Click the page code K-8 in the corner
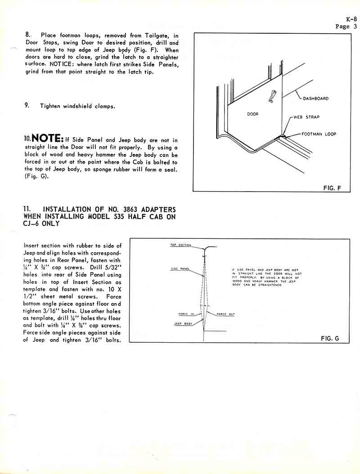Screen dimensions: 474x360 [351, 19]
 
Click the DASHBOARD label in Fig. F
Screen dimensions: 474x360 [315, 98]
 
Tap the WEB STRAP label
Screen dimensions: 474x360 [306, 117]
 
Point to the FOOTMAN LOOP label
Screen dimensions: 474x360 [319, 134]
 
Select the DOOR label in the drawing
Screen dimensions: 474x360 [253, 114]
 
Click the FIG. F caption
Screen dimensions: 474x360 [332, 188]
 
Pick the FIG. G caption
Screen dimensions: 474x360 [330, 338]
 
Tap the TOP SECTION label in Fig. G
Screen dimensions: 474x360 [180, 245]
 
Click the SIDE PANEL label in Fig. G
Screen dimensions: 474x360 [180, 269]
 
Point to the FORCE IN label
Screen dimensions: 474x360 [186, 314]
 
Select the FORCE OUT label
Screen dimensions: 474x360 [225, 314]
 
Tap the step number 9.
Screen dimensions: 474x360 [27, 106]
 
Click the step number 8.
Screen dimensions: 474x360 [27, 35]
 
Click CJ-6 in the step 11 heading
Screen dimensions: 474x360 [33, 224]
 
